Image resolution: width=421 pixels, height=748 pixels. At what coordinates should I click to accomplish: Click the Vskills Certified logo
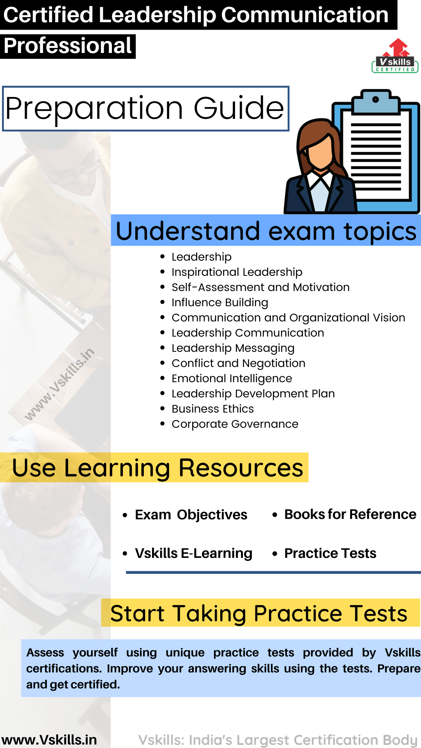[x=395, y=57]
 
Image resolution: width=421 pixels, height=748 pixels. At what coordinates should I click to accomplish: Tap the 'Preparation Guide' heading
[x=145, y=108]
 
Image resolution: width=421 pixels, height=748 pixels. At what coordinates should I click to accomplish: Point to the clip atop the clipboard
[x=376, y=100]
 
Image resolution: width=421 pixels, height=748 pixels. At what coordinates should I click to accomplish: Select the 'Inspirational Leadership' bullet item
[x=237, y=272]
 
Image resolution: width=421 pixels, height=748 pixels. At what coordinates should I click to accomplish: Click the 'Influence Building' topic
[x=220, y=302]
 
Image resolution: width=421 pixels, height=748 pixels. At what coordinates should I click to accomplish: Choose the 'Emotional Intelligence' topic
[x=232, y=378]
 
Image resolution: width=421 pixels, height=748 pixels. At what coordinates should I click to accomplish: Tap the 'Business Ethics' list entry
[x=212, y=409]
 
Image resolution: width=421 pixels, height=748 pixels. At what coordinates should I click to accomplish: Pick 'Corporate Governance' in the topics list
[x=235, y=424]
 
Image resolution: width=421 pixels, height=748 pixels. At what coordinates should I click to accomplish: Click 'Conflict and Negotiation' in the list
[x=238, y=363]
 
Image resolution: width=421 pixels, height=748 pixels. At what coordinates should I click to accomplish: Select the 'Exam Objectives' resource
[x=191, y=515]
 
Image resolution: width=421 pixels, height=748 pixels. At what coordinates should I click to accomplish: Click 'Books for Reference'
[x=350, y=514]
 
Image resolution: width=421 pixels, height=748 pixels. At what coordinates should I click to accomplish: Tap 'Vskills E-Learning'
[x=193, y=553]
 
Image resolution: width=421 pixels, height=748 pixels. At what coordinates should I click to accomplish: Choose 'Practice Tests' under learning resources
[x=330, y=553]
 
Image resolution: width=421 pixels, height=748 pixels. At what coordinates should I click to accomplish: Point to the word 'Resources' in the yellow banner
[x=241, y=467]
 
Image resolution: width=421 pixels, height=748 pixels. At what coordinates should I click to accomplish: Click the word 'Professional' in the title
[x=68, y=46]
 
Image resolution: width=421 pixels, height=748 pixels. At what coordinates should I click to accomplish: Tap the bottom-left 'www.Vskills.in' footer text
[x=49, y=739]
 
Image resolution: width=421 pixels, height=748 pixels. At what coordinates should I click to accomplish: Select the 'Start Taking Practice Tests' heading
[x=259, y=614]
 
